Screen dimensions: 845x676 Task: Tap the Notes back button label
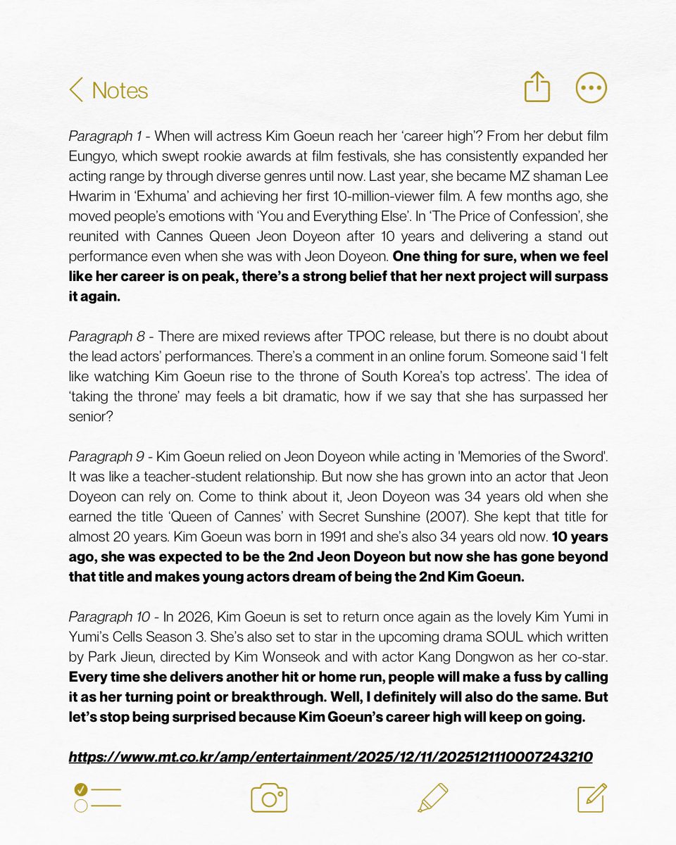120,90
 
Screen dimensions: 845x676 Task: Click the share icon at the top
537,88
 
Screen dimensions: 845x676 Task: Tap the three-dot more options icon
591,88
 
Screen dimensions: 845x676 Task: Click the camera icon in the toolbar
269,798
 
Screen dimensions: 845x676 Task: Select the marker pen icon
432,798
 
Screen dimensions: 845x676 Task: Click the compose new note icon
591,798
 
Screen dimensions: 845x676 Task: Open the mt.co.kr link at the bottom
330,757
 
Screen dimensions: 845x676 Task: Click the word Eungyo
91,155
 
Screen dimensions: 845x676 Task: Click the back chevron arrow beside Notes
76,90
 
